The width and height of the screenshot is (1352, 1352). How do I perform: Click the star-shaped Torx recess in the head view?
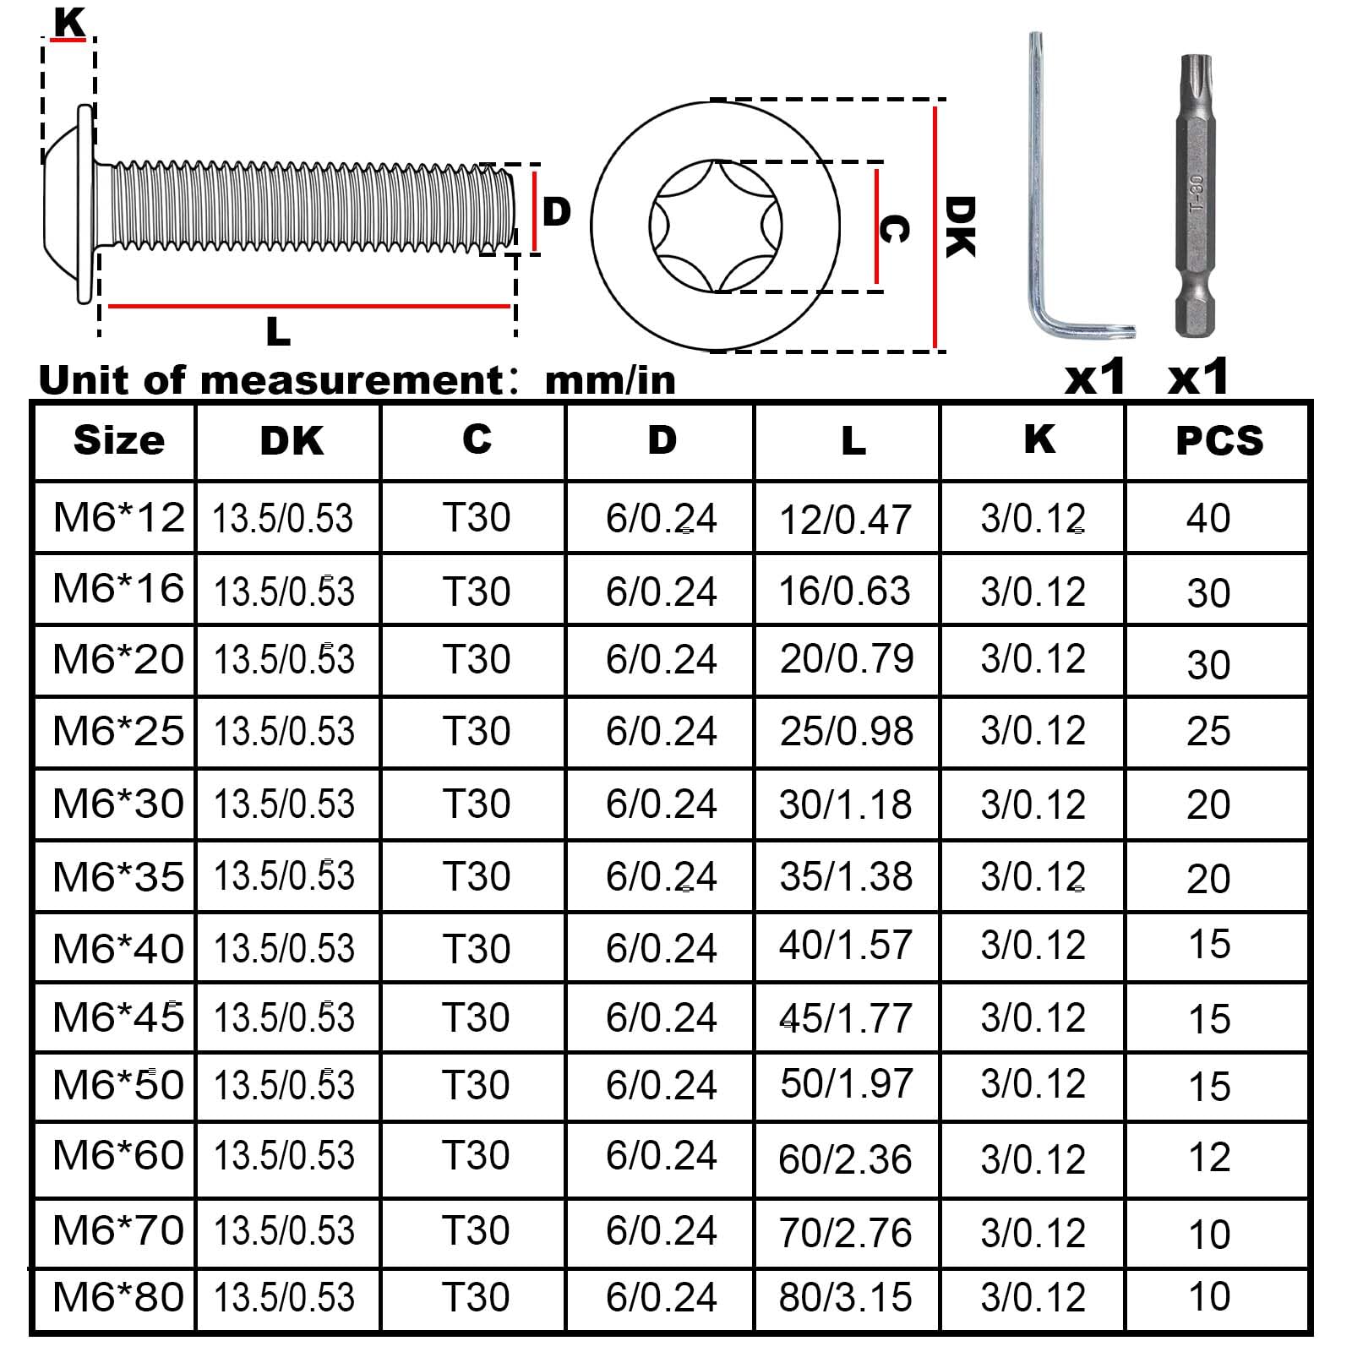click(716, 226)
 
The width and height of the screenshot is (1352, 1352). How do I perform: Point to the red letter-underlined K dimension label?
click(68, 22)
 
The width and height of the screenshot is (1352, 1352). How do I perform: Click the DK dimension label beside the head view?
click(960, 226)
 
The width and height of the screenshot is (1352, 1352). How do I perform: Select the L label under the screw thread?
click(278, 331)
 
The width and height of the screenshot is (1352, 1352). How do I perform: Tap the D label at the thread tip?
click(556, 211)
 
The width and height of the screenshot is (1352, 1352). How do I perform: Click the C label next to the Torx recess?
click(895, 228)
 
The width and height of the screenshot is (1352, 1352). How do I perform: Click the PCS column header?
click(1219, 441)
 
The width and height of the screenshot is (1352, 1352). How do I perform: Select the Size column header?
click(119, 440)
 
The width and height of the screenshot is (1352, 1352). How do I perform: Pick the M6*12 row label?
click(118, 517)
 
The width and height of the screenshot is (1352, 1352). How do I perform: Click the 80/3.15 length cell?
click(845, 1297)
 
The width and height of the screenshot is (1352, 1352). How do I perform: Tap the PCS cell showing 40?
click(1208, 518)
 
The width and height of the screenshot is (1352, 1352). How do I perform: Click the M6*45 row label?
click(118, 1017)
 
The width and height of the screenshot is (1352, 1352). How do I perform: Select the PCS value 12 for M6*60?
click(1208, 1157)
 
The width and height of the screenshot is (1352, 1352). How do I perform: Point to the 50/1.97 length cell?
click(846, 1084)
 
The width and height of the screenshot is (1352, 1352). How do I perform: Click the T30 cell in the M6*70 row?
click(476, 1230)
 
